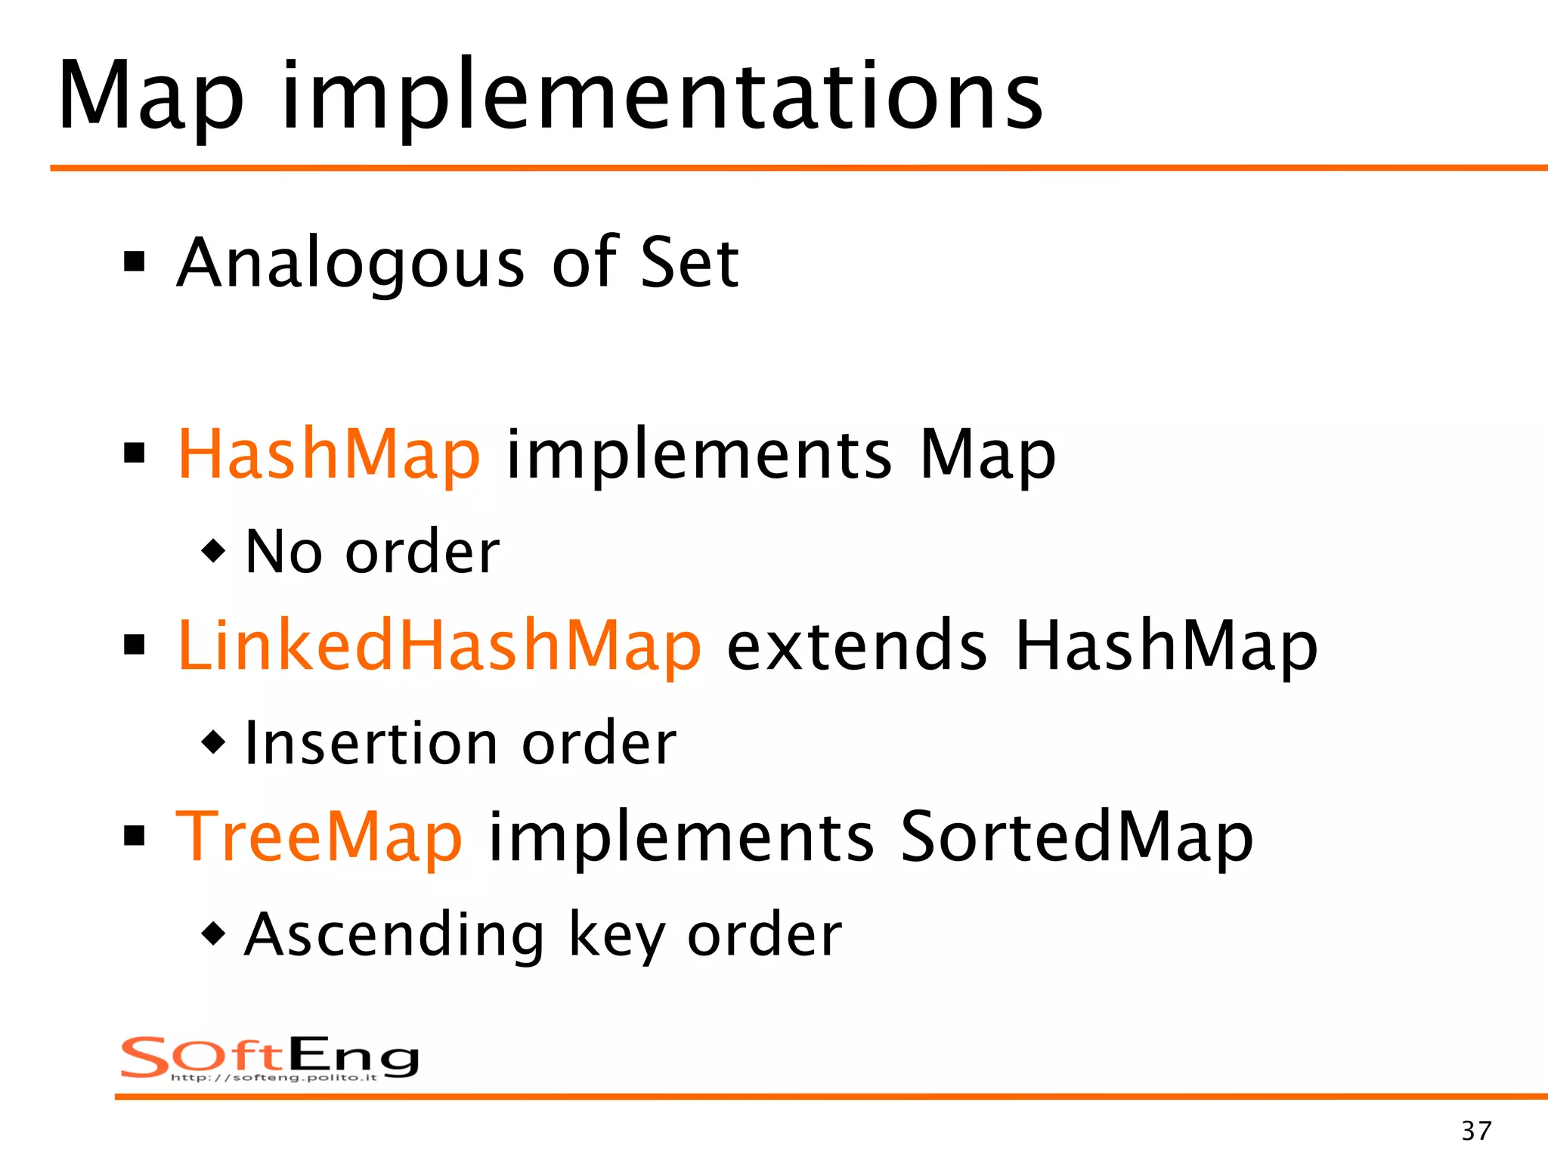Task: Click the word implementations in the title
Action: coord(662,98)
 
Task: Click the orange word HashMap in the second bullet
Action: coord(329,454)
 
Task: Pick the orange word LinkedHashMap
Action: coord(439,646)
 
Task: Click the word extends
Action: coord(856,646)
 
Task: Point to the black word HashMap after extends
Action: coord(1166,646)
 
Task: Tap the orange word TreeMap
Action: coord(319,837)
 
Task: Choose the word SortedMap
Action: coord(1076,837)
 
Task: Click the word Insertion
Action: coord(368,744)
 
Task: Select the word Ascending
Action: coord(394,936)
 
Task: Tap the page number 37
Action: coord(1476,1131)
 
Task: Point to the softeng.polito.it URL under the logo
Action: coord(274,1077)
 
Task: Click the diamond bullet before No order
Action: coord(214,550)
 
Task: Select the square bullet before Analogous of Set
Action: coord(135,262)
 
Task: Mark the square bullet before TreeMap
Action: coord(135,837)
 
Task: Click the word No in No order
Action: coord(284,553)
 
